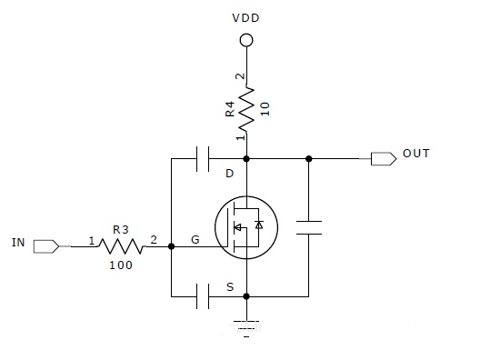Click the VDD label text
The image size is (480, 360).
pyautogui.click(x=245, y=18)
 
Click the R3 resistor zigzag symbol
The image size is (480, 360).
pyautogui.click(x=122, y=246)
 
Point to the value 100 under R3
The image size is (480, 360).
pyautogui.click(x=121, y=265)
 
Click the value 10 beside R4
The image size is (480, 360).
pyautogui.click(x=265, y=109)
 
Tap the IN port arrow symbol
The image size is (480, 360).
pyautogui.click(x=46, y=246)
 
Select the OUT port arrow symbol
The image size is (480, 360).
pyautogui.click(x=384, y=159)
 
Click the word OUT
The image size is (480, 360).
pyautogui.click(x=416, y=154)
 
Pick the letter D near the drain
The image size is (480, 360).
pyautogui.click(x=230, y=174)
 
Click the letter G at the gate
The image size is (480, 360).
pyautogui.click(x=195, y=239)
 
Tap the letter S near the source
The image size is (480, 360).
pyautogui.click(x=230, y=287)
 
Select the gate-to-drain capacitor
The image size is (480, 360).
pyautogui.click(x=203, y=159)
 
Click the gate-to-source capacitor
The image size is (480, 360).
pyautogui.click(x=203, y=296)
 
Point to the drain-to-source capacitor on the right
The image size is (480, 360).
pyautogui.click(x=309, y=228)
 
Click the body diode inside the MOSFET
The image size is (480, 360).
pyautogui.click(x=259, y=225)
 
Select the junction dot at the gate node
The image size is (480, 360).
pyautogui.click(x=172, y=246)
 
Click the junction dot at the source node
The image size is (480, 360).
pyautogui.click(x=246, y=296)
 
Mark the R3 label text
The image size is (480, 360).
pyautogui.click(x=121, y=230)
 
